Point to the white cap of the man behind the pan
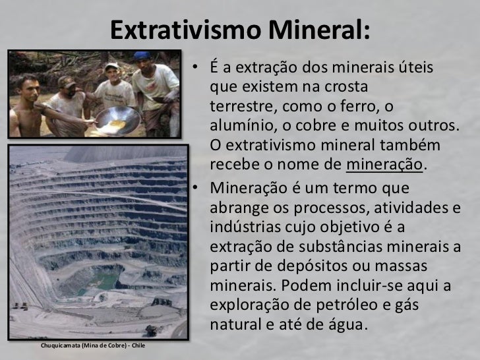pyautogui.click(x=112, y=66)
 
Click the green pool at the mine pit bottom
pyautogui.click(x=99, y=283)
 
